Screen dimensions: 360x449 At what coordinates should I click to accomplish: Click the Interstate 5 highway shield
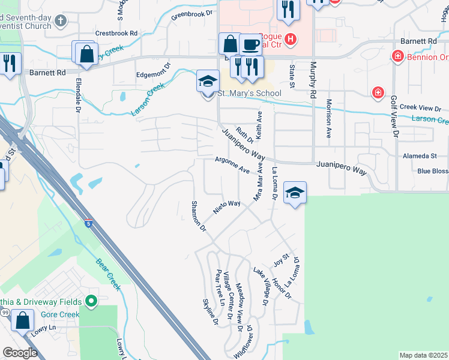pos(88,223)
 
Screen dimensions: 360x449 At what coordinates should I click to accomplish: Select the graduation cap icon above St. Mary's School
pos(208,81)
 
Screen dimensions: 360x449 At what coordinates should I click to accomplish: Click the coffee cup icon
pos(250,44)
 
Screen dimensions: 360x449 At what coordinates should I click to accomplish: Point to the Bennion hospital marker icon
pos(397,56)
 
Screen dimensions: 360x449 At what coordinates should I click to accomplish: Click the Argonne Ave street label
pos(233,165)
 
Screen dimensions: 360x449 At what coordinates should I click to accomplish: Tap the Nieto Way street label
pos(228,208)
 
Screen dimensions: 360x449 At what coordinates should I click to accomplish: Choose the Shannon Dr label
pos(199,216)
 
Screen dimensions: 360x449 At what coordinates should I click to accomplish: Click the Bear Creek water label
pos(109,274)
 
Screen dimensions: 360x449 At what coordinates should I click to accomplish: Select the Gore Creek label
pos(61,314)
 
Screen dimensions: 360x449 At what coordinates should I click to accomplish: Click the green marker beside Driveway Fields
pos(91,300)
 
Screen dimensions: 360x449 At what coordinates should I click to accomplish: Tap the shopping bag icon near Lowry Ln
pos(23,320)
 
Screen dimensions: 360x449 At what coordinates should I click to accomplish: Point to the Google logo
pos(20,353)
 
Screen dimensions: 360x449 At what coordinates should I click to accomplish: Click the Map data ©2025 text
pos(424,355)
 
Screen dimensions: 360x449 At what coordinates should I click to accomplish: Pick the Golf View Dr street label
pos(394,118)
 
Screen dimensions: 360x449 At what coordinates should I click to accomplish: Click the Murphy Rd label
pos(313,81)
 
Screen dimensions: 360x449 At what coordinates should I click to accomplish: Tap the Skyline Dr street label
pos(209,311)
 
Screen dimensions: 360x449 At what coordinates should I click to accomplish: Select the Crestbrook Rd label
pos(116,34)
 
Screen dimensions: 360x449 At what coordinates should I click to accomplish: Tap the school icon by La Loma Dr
pos(295,193)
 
